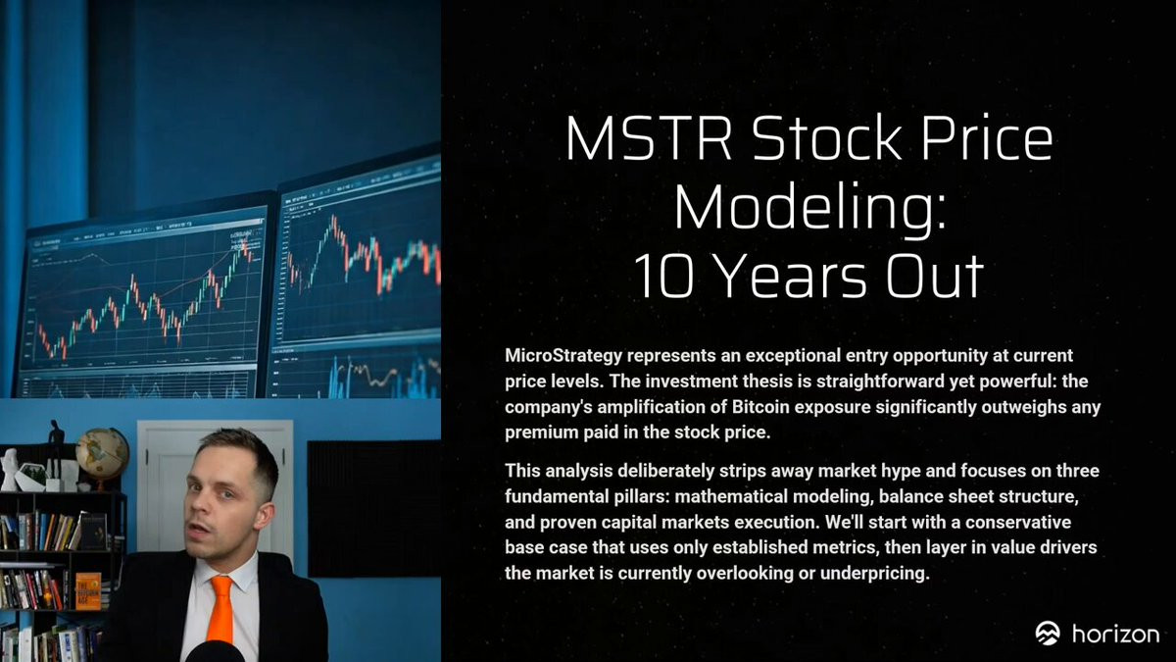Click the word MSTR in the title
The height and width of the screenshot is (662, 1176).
tap(648, 137)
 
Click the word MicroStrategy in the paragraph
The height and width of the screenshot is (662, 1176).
tap(563, 356)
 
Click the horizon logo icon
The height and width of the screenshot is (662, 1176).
tap(1048, 634)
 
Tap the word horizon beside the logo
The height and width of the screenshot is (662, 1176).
tap(1115, 634)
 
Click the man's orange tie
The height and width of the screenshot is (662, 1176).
tap(221, 610)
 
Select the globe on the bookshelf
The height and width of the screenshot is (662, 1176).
tap(102, 452)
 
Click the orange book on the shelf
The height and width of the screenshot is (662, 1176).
tap(88, 590)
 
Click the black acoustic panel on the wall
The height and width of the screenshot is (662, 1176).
tap(373, 509)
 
